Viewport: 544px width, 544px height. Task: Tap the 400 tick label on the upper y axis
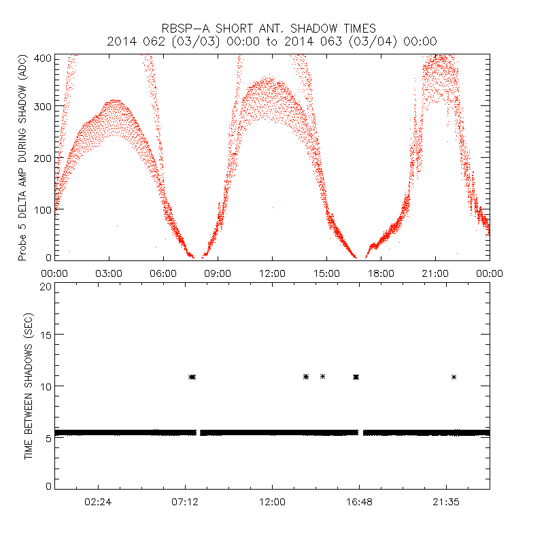(42, 58)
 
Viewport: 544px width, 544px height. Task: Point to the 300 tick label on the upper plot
(42, 107)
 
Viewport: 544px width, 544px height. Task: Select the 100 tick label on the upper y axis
(42, 208)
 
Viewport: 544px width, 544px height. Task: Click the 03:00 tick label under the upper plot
(109, 273)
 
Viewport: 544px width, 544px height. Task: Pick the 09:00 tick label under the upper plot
(218, 273)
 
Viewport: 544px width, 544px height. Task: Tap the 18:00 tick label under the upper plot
(381, 273)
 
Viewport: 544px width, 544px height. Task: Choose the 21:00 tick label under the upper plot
(435, 273)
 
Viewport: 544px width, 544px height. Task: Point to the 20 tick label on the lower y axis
(45, 286)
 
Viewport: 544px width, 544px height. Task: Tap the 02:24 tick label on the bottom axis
(98, 501)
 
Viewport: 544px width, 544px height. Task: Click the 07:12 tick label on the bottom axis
(185, 501)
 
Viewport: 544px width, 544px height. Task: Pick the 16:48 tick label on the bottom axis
(359, 501)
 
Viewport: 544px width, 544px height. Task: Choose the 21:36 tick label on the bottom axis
(446, 501)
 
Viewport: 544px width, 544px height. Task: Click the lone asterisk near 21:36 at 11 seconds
(454, 377)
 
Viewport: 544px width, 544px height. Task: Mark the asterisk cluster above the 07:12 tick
(192, 377)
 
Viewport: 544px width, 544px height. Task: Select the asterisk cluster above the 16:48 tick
(356, 377)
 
